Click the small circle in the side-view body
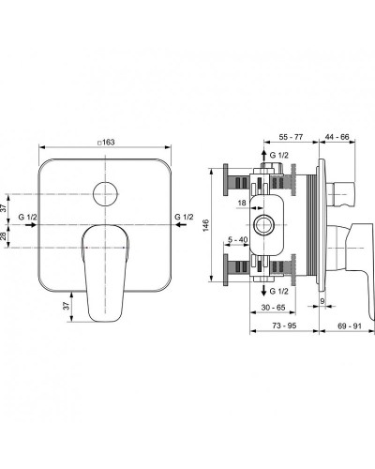click(x=263, y=225)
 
